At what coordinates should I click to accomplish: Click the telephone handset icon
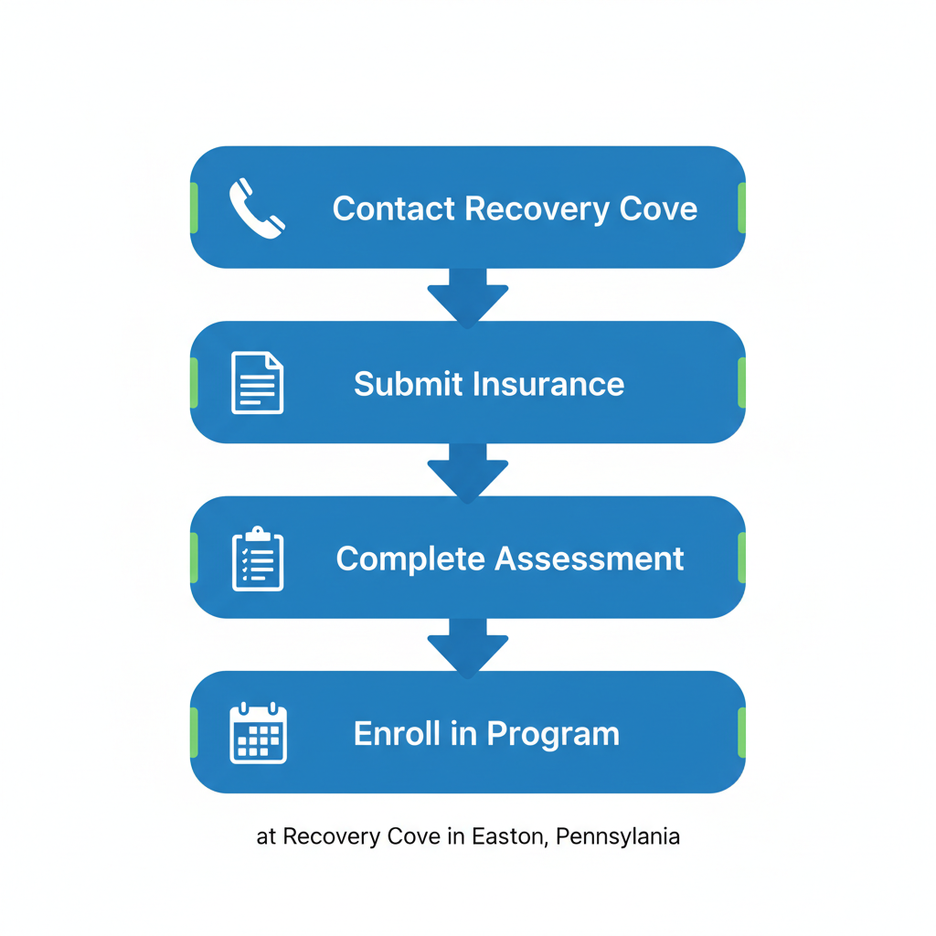pyautogui.click(x=257, y=208)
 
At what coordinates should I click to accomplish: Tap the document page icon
pyautogui.click(x=257, y=383)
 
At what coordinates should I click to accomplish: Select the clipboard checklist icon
pyautogui.click(x=257, y=558)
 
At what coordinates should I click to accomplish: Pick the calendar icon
pyautogui.click(x=258, y=733)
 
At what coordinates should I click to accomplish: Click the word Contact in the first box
pyautogui.click(x=394, y=208)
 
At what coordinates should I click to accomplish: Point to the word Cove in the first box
pyautogui.click(x=658, y=208)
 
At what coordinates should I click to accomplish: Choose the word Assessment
pyautogui.click(x=590, y=558)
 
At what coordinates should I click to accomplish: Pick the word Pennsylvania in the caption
pyautogui.click(x=617, y=837)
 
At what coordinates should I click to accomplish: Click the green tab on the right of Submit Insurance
pyautogui.click(x=741, y=383)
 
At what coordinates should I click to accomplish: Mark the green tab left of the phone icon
pyautogui.click(x=194, y=207)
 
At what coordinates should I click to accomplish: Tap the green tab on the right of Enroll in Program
pyautogui.click(x=741, y=733)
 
